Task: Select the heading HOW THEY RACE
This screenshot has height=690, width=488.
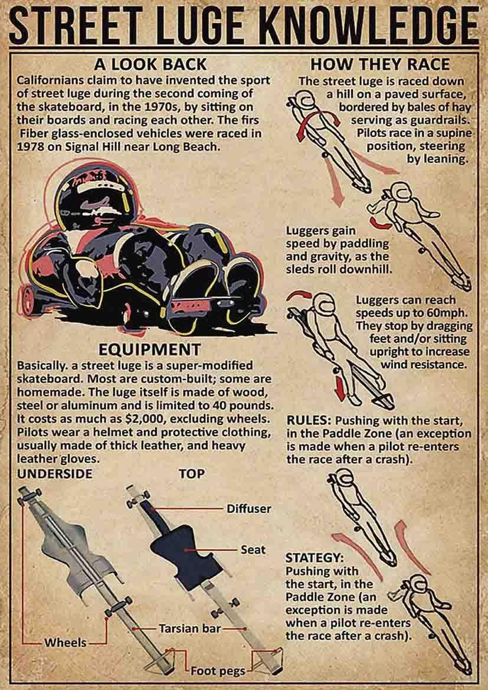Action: click(379, 64)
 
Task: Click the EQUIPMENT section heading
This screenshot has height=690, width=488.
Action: click(150, 348)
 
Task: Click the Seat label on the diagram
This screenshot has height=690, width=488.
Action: click(253, 550)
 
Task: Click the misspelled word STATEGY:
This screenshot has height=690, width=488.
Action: click(314, 557)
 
